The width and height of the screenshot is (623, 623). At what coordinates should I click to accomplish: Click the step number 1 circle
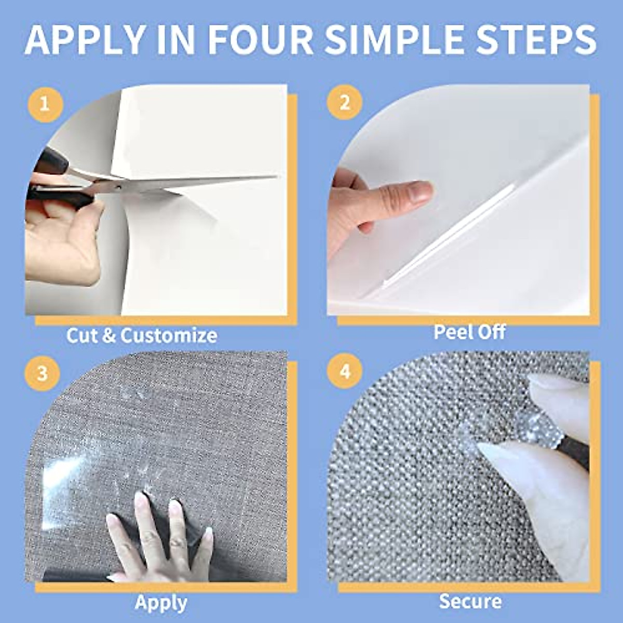(x=45, y=105)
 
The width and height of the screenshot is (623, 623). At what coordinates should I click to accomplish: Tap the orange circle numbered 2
(x=344, y=103)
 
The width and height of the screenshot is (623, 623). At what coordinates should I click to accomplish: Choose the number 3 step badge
(x=43, y=373)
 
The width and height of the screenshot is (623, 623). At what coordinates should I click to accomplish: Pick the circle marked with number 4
(x=345, y=372)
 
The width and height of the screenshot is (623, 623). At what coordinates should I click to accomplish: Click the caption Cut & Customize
(x=141, y=335)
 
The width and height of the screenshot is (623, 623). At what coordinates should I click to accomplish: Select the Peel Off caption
(x=469, y=332)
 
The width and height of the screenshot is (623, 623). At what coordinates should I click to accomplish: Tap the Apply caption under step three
(x=161, y=603)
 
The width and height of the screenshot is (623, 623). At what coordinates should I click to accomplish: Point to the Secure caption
(x=470, y=601)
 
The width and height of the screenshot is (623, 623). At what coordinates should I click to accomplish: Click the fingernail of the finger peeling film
(x=419, y=192)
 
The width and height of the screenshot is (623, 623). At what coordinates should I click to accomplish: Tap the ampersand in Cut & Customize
(x=108, y=335)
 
